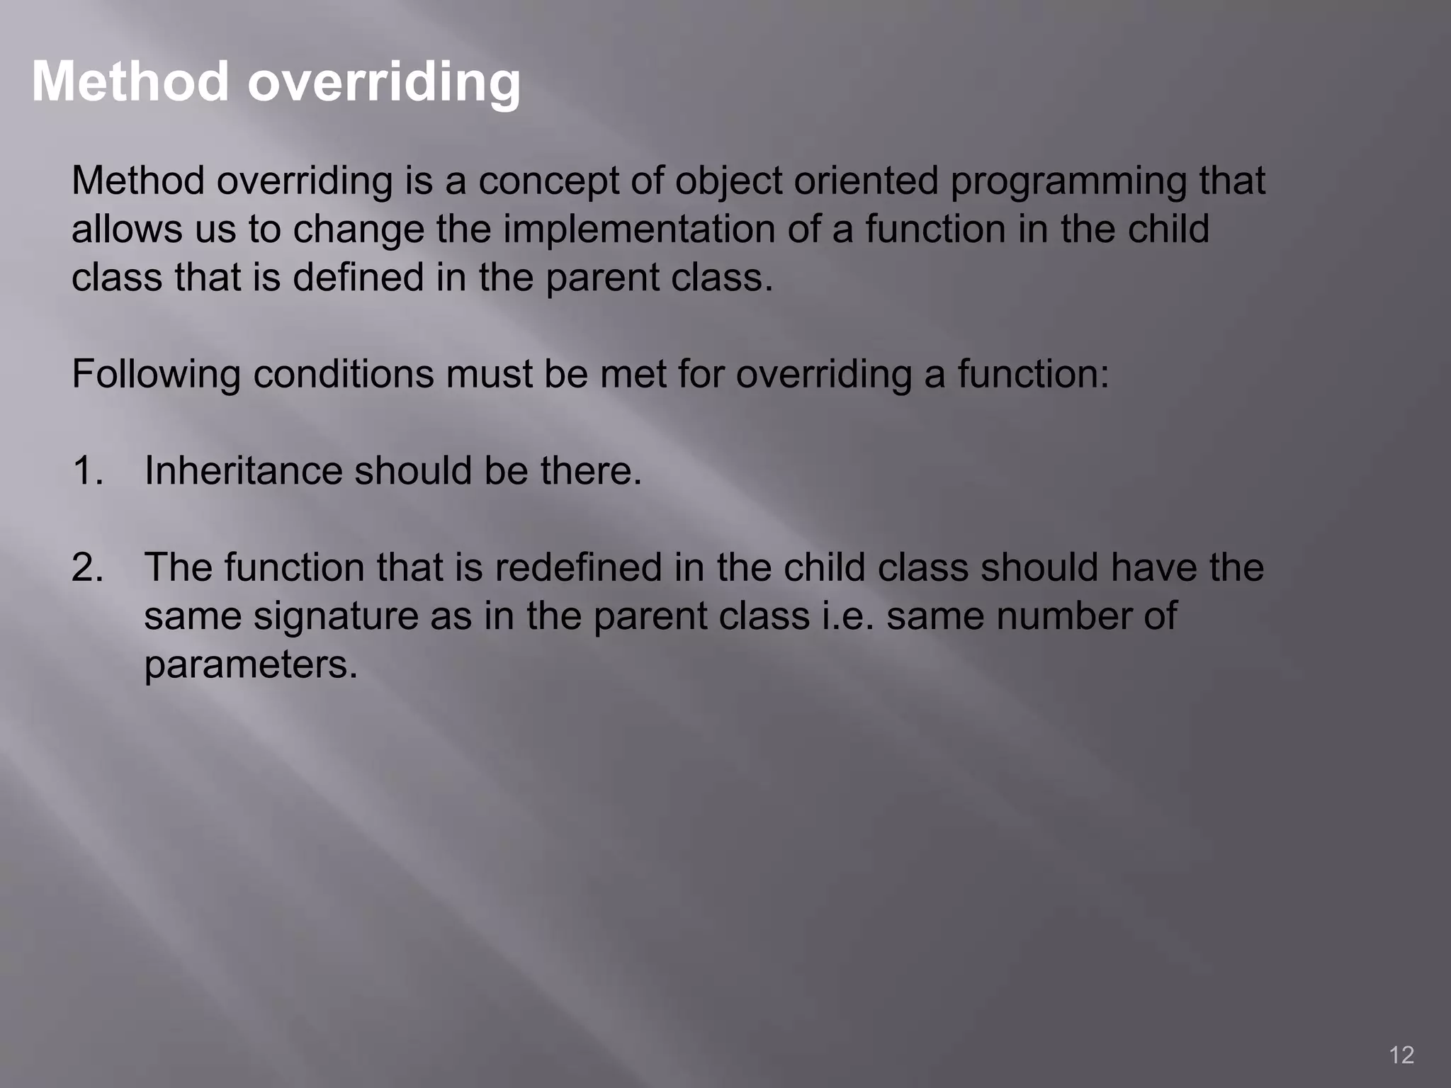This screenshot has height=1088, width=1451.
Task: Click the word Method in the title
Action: coord(130,81)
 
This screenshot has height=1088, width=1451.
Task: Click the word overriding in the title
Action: coord(383,81)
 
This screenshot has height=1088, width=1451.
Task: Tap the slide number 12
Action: coord(1401,1055)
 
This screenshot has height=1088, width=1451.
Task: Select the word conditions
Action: coord(344,374)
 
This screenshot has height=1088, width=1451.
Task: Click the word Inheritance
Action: coord(243,470)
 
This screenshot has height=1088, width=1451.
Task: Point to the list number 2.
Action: coord(87,567)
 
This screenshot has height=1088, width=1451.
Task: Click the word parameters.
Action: coord(251,664)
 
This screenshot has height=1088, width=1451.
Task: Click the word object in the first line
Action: coord(728,181)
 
